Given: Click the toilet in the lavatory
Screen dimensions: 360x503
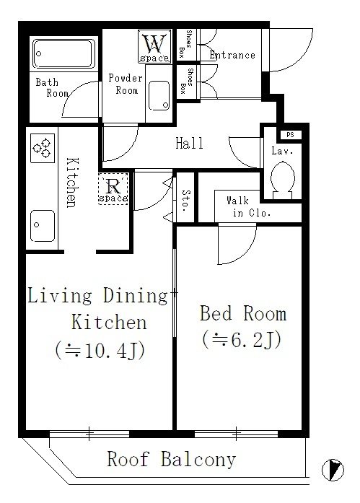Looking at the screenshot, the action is (x=282, y=180).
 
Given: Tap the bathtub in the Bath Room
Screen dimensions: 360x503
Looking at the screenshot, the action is (x=63, y=54).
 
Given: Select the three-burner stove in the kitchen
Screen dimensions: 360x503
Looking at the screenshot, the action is (x=43, y=148).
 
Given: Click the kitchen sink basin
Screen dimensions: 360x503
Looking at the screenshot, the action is (x=43, y=225).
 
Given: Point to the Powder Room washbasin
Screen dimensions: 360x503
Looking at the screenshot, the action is (x=159, y=95).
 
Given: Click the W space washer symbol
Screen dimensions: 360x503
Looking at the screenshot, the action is (x=154, y=46).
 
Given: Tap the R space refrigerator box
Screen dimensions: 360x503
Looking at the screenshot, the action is (x=113, y=188).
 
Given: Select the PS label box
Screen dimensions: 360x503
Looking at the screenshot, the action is (x=291, y=135).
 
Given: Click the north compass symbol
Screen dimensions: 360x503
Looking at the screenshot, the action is (x=333, y=470).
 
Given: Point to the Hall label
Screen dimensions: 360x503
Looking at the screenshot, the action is (x=190, y=143).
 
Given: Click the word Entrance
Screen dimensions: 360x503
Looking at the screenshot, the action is (x=232, y=55).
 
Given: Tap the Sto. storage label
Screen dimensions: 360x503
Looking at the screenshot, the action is (x=185, y=201).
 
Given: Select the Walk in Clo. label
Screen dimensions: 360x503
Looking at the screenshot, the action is (x=248, y=206).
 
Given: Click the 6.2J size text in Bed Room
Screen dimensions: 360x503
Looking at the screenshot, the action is (x=242, y=340).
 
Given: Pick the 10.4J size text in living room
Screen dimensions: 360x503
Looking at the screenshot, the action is (x=100, y=351).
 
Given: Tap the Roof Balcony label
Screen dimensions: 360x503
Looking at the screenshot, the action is (x=172, y=459).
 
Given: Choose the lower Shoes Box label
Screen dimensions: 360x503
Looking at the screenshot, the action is (x=187, y=81).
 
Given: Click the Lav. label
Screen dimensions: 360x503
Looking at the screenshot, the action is (x=282, y=151).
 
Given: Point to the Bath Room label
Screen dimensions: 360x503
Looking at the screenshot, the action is (x=52, y=87).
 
